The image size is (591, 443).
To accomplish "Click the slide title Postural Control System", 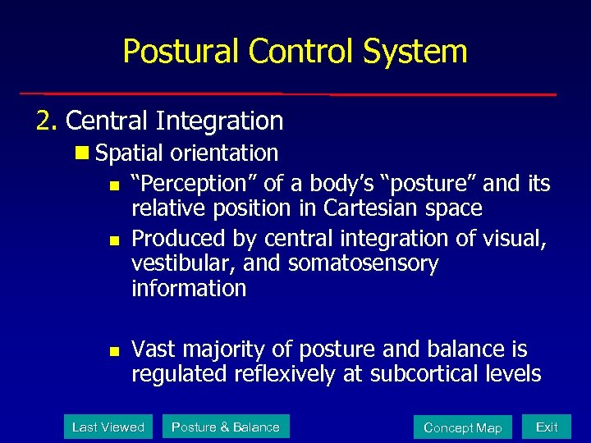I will coord(295,51).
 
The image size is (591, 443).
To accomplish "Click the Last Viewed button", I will coord(108,427).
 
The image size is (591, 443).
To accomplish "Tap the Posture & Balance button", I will coord(225,427).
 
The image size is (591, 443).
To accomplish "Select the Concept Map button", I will coord(462,427).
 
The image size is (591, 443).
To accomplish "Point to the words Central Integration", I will coord(174,121).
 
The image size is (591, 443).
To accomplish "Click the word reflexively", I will coord(285,375).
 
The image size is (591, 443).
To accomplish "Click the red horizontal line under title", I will coord(287,94).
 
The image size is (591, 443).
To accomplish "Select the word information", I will coord(189,289).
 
